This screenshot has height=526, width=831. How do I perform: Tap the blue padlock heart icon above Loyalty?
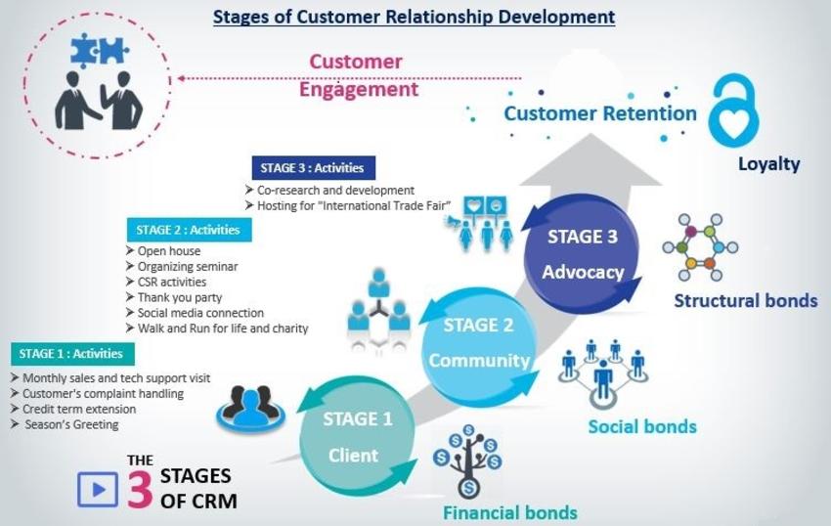741,111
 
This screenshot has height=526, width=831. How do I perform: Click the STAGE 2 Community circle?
478,342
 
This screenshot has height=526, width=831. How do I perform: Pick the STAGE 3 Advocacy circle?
583,253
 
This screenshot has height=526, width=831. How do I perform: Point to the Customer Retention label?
599,113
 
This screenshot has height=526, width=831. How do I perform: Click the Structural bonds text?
745,300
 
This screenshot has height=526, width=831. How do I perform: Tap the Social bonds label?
641,426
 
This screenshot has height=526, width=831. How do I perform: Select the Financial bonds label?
509,512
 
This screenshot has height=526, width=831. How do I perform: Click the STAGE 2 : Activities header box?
189,231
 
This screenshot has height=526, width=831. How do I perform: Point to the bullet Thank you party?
180,297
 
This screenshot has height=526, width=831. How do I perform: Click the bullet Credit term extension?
79,409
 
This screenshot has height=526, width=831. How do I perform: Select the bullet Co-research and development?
335,190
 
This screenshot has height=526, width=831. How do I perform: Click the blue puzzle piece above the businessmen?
99,50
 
